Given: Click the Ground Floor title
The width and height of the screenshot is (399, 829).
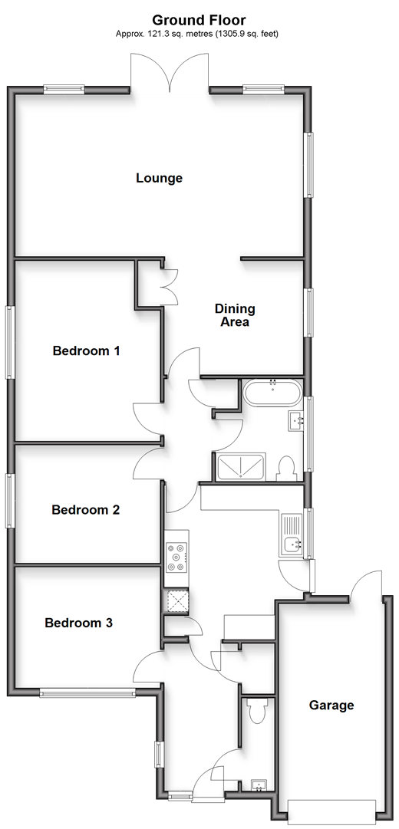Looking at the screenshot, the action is (199, 21).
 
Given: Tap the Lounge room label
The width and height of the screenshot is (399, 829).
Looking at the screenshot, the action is (160, 178).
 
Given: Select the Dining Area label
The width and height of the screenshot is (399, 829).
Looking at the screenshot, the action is (235, 314).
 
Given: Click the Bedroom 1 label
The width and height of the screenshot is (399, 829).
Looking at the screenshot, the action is (87, 350).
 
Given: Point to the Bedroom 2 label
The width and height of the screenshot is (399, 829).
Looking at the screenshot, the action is (86, 510).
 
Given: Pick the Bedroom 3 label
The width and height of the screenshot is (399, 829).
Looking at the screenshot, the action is (79, 623).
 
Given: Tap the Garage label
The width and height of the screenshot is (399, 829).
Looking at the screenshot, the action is (331, 705).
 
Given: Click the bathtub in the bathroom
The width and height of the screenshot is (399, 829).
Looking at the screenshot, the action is (273, 393).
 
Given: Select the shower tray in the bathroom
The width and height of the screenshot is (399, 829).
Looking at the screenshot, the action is (241, 467).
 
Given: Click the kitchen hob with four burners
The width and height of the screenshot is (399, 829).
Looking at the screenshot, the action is (176, 558).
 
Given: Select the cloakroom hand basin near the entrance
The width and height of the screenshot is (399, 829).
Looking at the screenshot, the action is (259, 785).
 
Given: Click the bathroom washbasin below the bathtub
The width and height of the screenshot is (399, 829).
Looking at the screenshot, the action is (296, 421).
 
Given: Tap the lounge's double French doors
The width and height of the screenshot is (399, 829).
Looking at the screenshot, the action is (170, 71).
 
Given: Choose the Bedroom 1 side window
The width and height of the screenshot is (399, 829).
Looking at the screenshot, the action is (9, 342).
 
